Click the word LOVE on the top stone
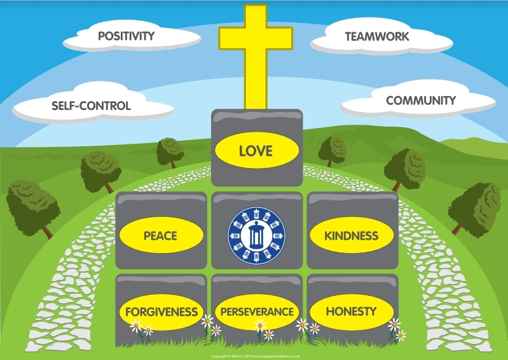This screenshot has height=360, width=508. coord(256,151)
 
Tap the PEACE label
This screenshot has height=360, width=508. coord(160,236)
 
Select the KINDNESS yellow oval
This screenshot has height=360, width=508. coord(352,236)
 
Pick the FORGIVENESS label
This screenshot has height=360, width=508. coord(161,312)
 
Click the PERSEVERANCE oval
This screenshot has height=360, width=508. coord(256,312)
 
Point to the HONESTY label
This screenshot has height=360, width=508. coord(351,312)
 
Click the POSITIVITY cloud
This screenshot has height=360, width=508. coord(126,36)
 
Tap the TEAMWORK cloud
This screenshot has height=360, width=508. coord(376,37)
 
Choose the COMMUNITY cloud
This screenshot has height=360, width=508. coord(420,100)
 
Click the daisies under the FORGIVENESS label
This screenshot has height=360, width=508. coord(141,328)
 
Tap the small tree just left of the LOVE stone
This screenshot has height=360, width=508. coord(170,151)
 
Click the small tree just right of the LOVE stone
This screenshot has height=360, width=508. coord(333,149)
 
